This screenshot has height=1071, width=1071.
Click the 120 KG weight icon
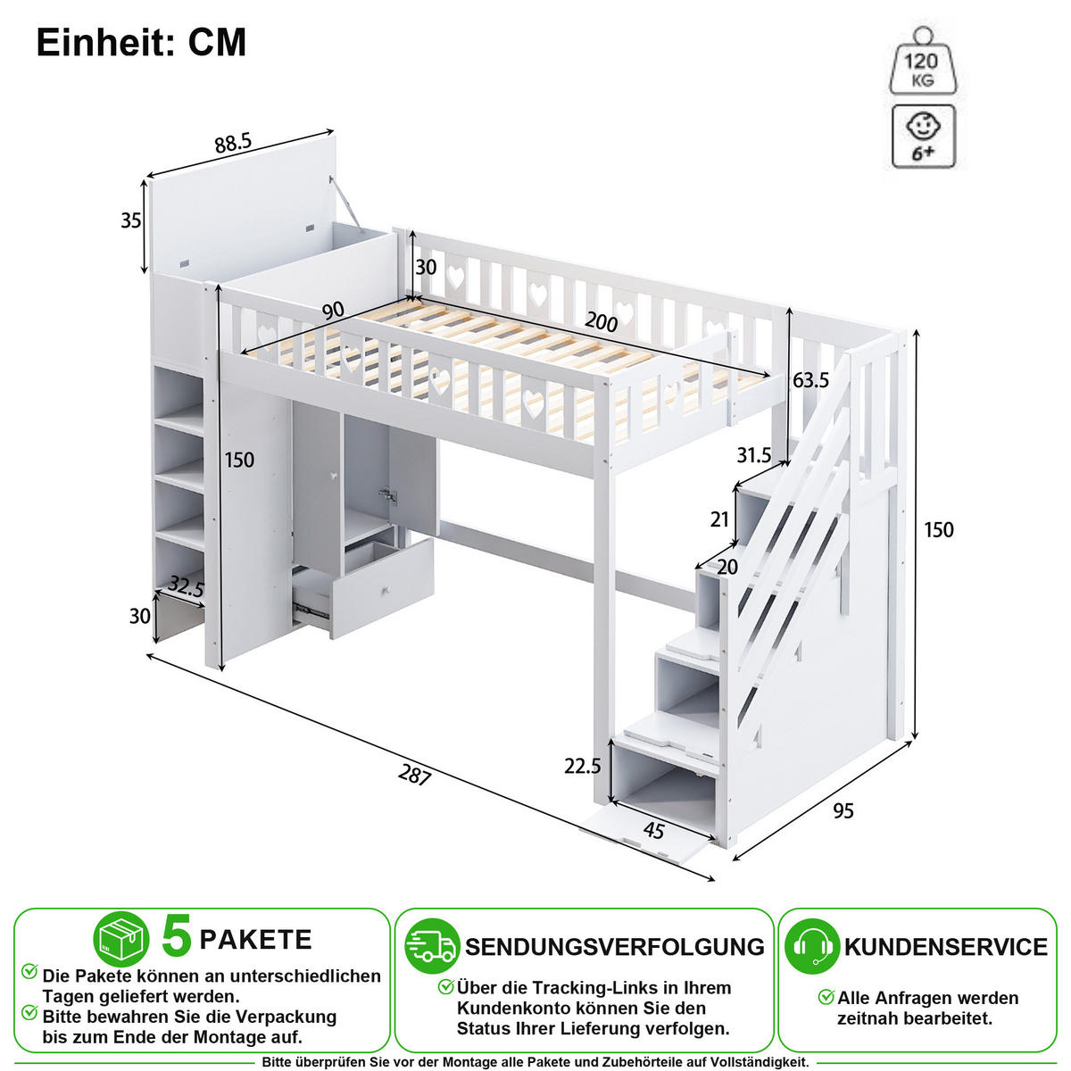(923, 62)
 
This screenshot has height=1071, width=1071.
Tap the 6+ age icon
(923, 137)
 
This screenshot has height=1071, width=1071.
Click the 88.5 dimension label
(234, 143)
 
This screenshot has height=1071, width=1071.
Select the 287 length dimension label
(415, 774)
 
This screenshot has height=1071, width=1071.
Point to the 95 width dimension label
(843, 811)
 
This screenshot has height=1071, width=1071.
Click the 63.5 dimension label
(810, 380)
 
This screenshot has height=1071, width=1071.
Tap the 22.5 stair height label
(583, 767)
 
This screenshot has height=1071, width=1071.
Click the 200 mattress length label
(602, 322)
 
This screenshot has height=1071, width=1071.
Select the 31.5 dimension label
(753, 455)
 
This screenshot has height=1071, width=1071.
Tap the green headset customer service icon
(811, 946)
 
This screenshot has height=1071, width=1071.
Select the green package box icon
(120, 939)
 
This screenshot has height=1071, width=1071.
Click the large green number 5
(177, 936)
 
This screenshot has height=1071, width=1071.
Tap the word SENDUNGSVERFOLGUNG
(615, 947)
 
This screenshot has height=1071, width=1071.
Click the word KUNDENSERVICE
(945, 947)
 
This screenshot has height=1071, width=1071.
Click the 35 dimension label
(131, 220)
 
